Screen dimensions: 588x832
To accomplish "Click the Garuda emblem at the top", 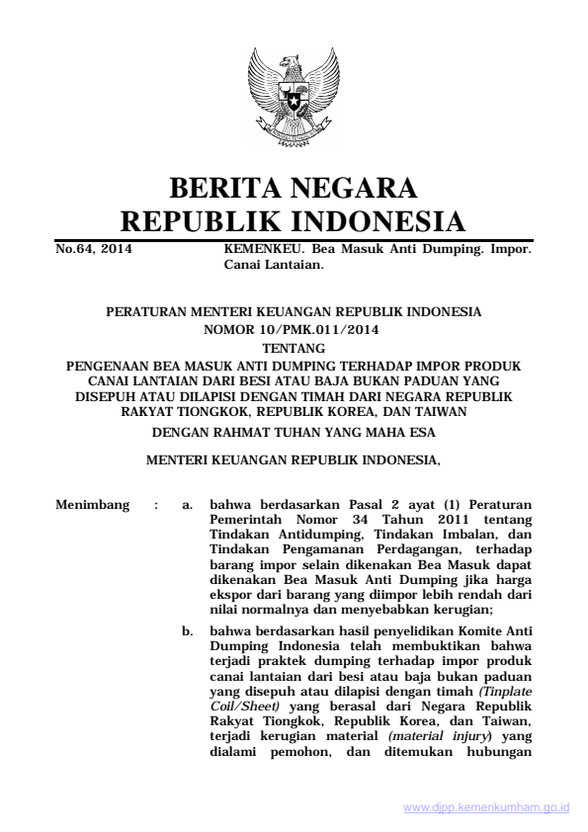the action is click(x=294, y=99).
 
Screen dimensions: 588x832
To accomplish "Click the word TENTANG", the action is click(x=294, y=347).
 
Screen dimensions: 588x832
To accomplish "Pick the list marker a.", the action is click(x=187, y=507).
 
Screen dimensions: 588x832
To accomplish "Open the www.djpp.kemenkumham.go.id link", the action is click(x=486, y=807).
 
